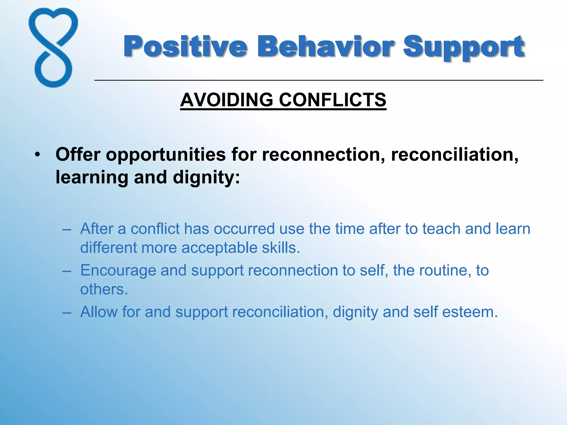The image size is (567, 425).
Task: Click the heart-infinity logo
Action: click(x=53, y=48)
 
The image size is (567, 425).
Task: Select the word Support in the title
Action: click(x=463, y=47)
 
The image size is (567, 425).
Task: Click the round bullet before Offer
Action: click(x=37, y=155)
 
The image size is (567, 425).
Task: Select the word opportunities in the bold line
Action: click(x=166, y=155)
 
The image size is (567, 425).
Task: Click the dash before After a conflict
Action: click(x=67, y=229)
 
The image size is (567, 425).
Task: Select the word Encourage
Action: click(x=118, y=271)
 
